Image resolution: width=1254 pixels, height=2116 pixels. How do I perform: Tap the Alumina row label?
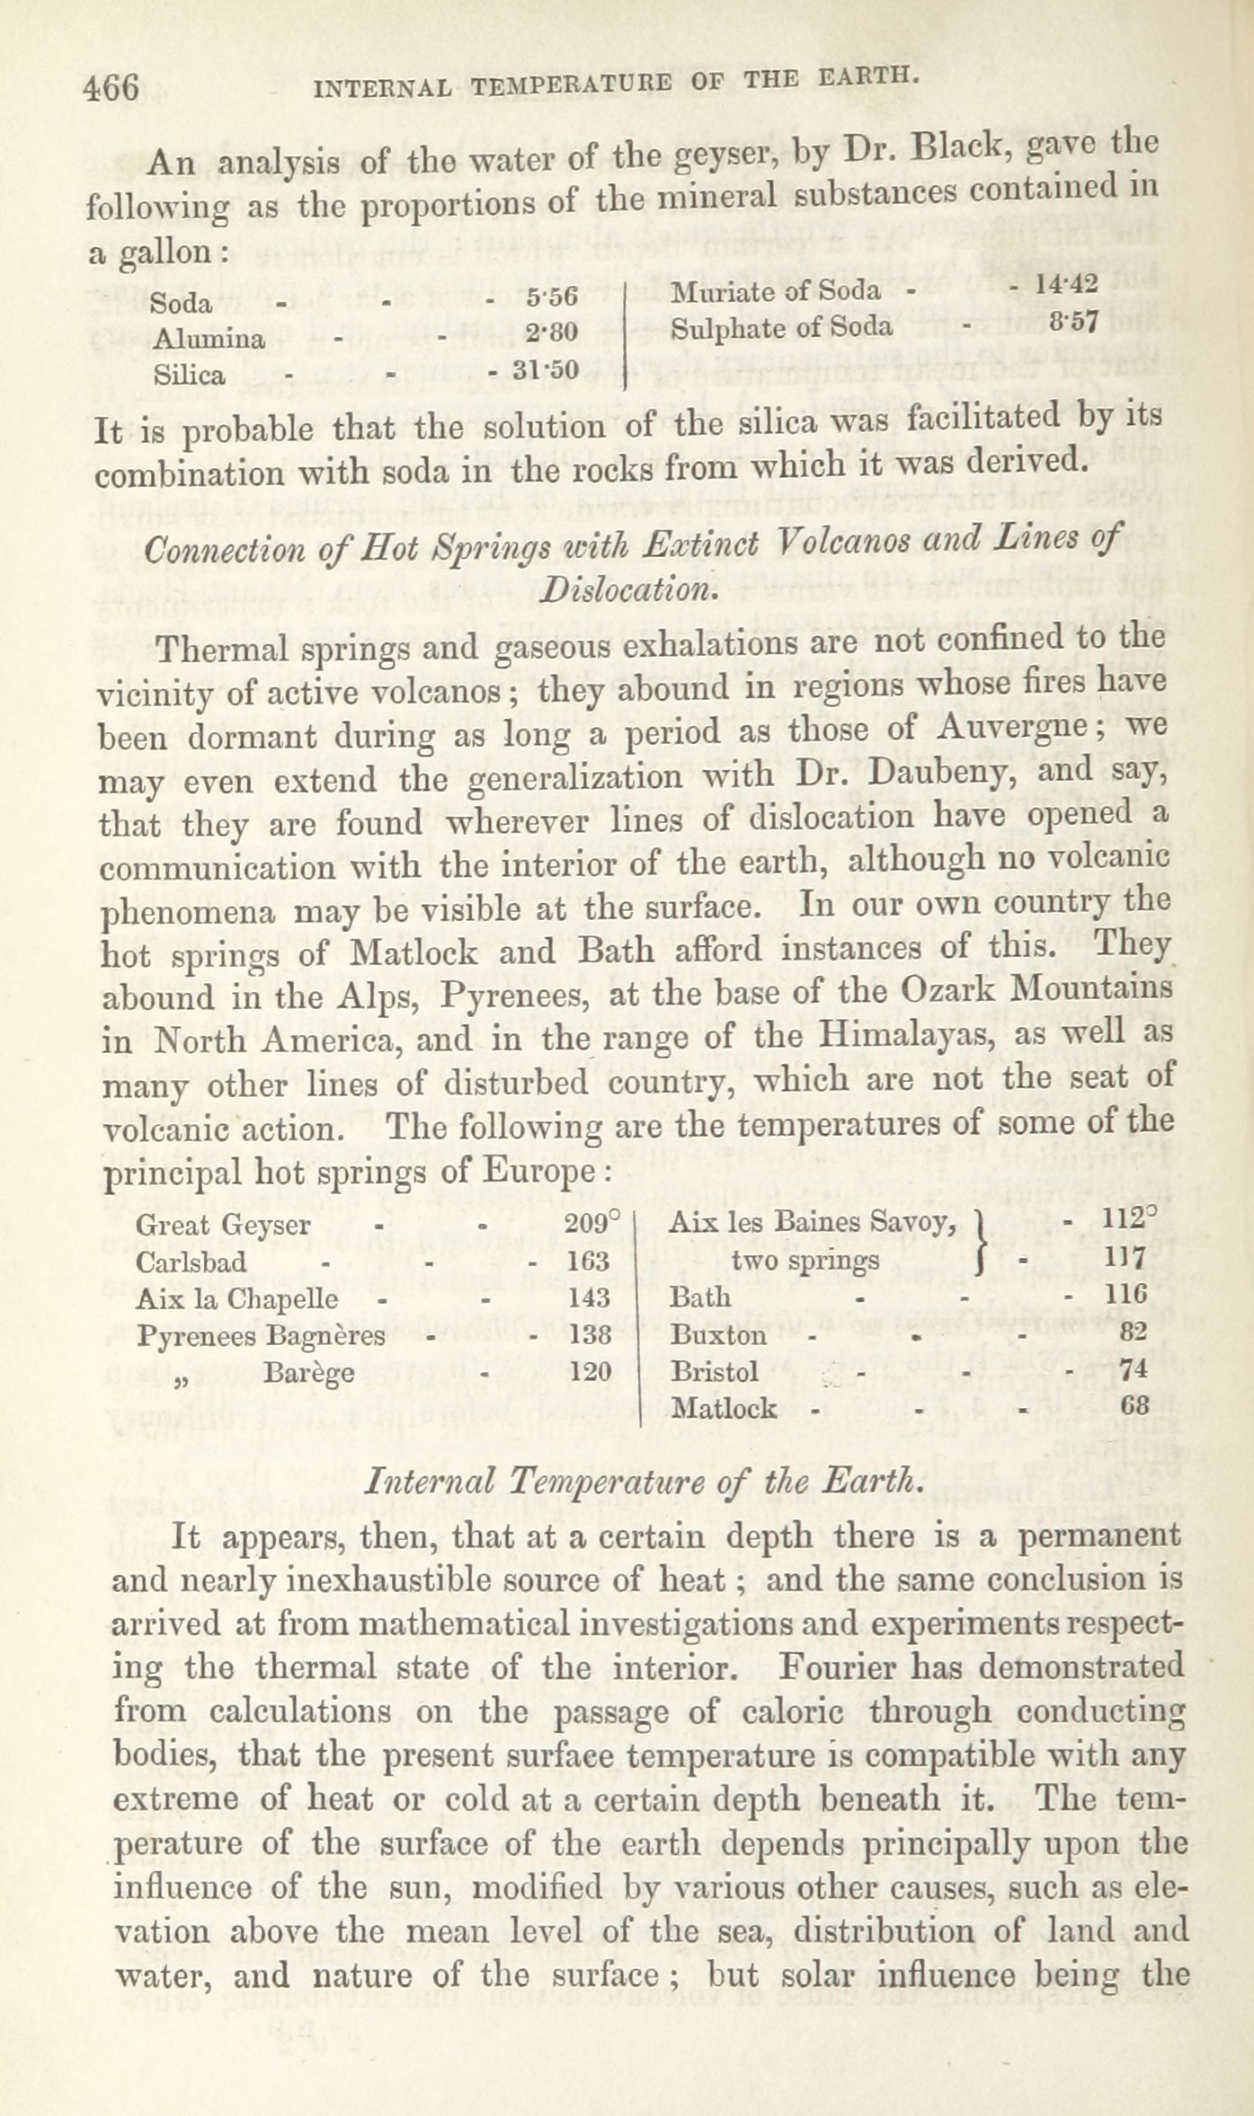coord(209,338)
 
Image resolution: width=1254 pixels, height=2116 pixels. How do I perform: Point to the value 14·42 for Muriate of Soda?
coord(1066,284)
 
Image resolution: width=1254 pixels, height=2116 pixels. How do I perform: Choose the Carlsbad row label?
coord(191,1262)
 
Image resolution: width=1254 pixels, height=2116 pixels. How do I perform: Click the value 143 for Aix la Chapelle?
coord(589,1297)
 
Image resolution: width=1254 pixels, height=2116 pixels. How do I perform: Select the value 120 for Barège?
coord(589,1371)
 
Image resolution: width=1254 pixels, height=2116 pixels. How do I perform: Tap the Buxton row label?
coord(718,1334)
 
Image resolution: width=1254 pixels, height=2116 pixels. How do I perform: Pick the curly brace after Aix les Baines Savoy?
coord(983,1242)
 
